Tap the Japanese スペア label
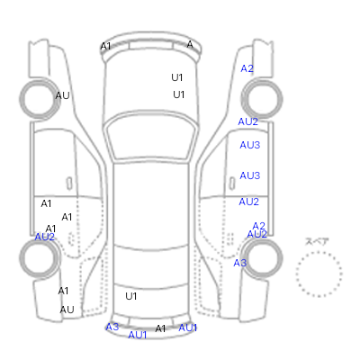[317, 242]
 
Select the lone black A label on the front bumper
[190, 44]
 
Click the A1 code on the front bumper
[105, 47]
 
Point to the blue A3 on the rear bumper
[112, 327]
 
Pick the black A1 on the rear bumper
[160, 328]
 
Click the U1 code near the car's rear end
[131, 296]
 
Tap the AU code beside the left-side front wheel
[62, 95]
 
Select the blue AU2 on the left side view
[45, 237]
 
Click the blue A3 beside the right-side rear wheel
[240, 263]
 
